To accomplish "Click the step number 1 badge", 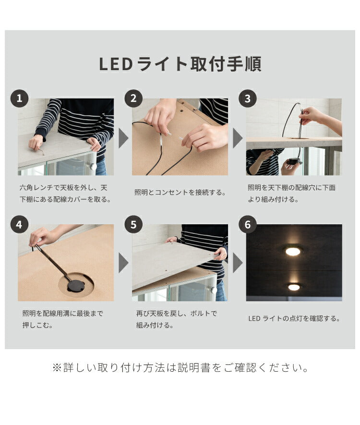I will (20, 99).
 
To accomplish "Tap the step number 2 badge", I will (133, 99).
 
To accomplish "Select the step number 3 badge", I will (248, 99).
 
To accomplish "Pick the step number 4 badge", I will (20, 224).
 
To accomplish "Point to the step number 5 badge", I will (133, 224).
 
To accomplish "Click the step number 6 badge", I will (248, 224).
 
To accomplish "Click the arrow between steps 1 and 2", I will (123, 138).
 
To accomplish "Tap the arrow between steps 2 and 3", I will (237, 138).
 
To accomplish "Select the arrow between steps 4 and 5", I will (123, 263).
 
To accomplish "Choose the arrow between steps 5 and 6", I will (237, 263).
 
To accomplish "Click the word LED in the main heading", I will (116, 64).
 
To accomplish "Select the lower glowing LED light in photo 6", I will (294, 287).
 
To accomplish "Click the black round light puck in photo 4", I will (76, 286).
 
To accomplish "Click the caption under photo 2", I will (180, 192).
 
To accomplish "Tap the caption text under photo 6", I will (294, 318).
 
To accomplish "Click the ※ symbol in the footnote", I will (57, 368).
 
